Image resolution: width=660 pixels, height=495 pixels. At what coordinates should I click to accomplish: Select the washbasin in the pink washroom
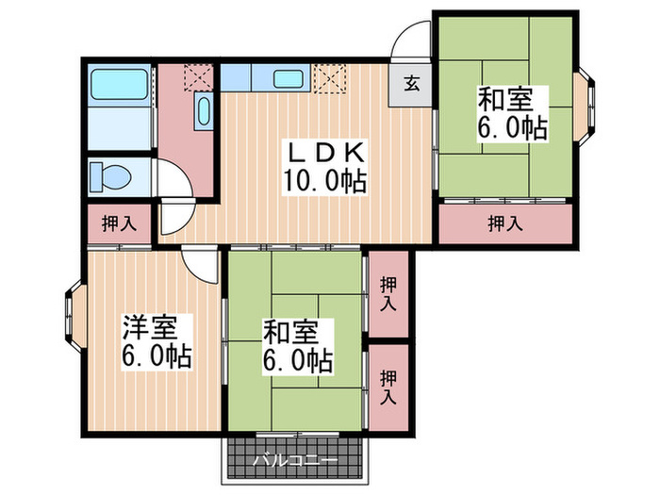tap(203, 111)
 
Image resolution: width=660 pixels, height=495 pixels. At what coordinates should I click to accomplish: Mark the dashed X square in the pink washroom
tap(199, 76)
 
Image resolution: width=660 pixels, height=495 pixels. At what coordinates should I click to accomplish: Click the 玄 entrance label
tap(412, 83)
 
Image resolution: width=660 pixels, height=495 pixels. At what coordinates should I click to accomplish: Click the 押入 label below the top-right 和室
tap(506, 223)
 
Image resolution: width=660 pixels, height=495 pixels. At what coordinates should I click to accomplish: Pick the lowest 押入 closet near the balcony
tap(388, 386)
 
